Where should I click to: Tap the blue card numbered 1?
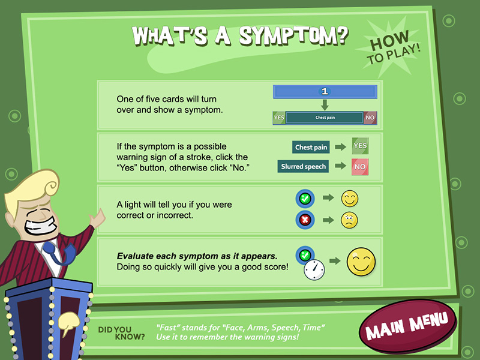[325, 92]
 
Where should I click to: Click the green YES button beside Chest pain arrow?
[360, 146]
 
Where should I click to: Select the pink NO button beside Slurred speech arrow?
[359, 167]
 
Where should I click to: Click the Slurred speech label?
[304, 166]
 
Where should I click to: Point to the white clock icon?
[314, 269]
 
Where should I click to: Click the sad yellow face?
[349, 220]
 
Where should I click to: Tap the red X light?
[305, 220]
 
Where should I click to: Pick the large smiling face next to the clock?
[361, 262]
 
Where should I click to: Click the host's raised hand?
[97, 218]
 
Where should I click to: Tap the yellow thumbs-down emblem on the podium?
[68, 323]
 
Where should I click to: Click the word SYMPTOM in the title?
[293, 36]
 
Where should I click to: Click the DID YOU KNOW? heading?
[121, 334]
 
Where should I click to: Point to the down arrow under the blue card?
[325, 105]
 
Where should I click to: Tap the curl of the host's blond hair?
[50, 184]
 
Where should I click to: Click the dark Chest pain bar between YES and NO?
[325, 118]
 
